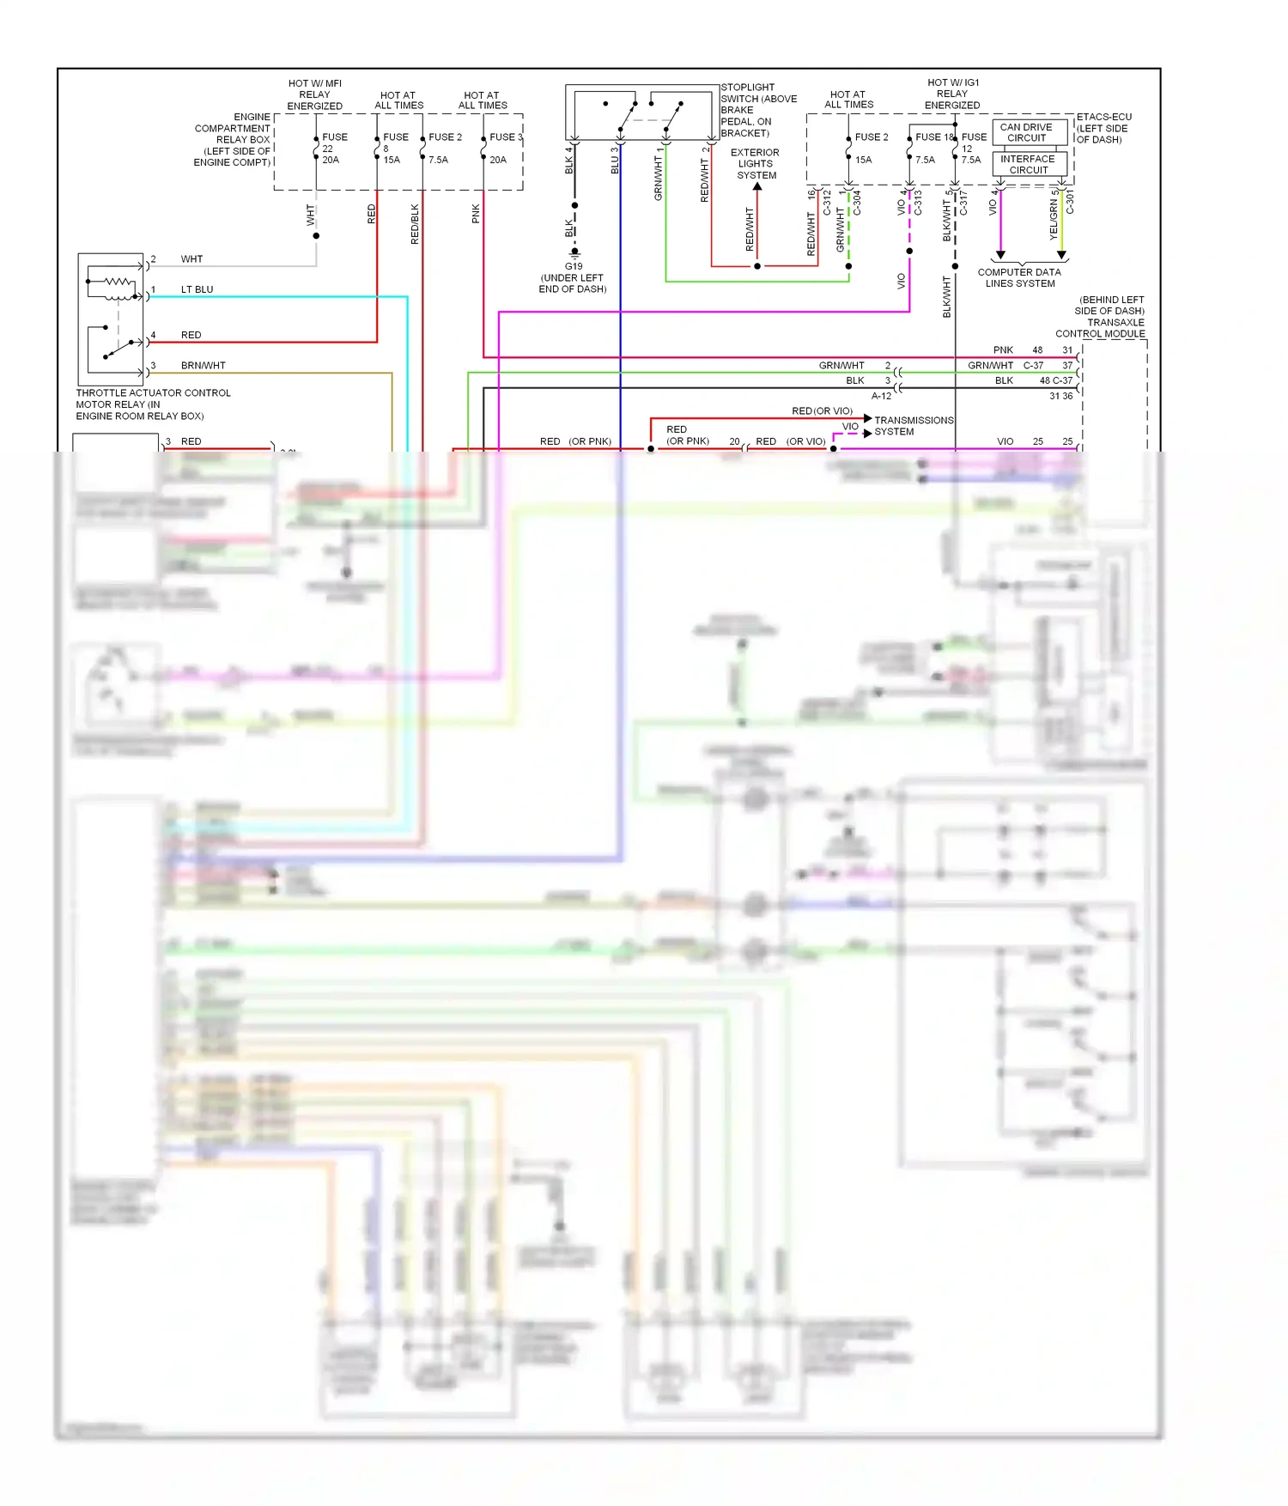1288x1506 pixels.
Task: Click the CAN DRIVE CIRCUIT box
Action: [x=1030, y=132]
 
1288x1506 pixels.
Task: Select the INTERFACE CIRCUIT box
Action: [x=1030, y=164]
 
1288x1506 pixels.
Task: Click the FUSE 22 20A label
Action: [x=333, y=148]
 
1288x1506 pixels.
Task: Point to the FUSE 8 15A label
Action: [x=394, y=148]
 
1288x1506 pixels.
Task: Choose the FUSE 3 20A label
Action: [x=504, y=148]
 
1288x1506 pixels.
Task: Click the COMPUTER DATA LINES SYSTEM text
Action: [x=1019, y=277]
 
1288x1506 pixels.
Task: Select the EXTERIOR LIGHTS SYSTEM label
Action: [x=756, y=163]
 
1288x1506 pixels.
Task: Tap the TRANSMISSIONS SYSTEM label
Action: [x=912, y=426]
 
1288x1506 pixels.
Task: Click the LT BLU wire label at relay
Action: [x=197, y=289]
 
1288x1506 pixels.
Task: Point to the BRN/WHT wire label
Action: [x=203, y=365]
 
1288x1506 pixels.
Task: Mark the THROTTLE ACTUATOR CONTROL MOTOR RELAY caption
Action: [x=153, y=404]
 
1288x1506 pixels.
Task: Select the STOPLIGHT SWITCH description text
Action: [x=758, y=110]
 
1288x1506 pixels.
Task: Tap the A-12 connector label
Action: [x=881, y=396]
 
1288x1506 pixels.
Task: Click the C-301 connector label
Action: [x=1070, y=203]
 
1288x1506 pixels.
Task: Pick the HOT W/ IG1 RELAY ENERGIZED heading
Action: [x=952, y=94]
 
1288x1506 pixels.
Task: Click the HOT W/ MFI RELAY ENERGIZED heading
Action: [x=314, y=94]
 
